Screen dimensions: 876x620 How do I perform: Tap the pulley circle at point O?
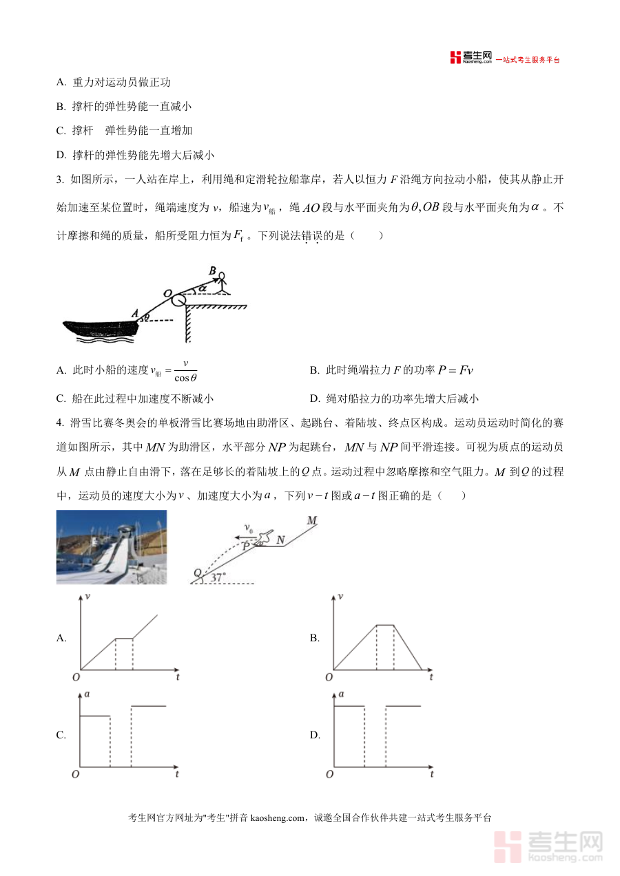tap(179, 300)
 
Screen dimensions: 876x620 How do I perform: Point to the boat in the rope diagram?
tap(100, 328)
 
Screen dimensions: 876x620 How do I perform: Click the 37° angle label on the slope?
tap(218, 578)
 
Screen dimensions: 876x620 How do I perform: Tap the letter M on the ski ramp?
tap(311, 521)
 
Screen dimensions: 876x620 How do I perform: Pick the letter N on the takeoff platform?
tap(281, 540)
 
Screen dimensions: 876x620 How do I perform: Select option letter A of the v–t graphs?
tap(61, 638)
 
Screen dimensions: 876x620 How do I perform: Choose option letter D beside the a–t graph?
tap(315, 735)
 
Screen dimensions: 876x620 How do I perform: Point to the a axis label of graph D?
tap(341, 694)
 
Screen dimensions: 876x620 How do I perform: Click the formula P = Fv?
tap(455, 370)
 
